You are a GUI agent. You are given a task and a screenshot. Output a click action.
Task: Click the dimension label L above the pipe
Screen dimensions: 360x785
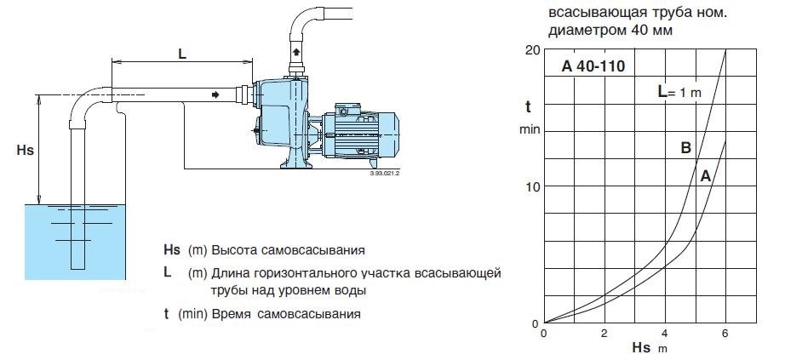182,53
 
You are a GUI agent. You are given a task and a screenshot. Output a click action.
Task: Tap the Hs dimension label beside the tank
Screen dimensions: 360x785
25,150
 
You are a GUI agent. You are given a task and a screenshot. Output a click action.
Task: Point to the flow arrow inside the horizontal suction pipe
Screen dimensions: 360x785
215,94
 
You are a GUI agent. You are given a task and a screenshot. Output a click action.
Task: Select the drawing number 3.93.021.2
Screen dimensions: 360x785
385,172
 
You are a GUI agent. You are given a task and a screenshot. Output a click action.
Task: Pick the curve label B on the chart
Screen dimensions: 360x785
685,148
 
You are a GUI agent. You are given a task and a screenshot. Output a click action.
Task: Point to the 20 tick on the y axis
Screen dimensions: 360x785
534,49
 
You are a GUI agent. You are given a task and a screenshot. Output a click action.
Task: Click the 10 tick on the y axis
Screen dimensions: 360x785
534,186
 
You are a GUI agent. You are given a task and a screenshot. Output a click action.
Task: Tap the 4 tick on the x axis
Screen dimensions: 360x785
665,333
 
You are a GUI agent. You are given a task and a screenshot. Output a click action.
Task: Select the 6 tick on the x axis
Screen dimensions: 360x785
725,333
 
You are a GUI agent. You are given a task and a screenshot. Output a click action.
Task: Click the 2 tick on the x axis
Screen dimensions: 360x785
605,333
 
